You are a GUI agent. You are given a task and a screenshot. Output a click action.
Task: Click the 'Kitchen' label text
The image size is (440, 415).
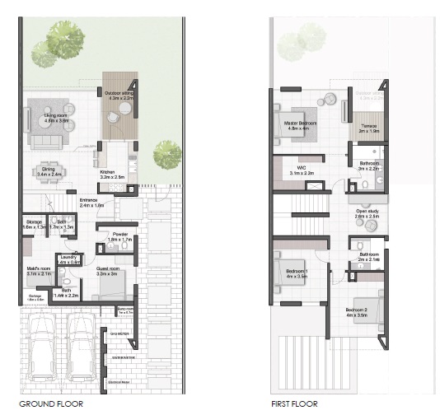click(x=111, y=174)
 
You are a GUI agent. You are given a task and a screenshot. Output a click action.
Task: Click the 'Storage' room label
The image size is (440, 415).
click(x=34, y=223)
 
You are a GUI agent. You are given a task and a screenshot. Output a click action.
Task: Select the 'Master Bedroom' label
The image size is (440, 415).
click(x=297, y=126)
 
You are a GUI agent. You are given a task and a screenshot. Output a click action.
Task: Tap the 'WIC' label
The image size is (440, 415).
click(x=302, y=170)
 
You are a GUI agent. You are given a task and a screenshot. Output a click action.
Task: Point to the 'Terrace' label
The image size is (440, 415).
click(x=369, y=128)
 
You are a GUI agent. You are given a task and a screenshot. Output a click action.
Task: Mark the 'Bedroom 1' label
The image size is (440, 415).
click(x=297, y=273)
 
